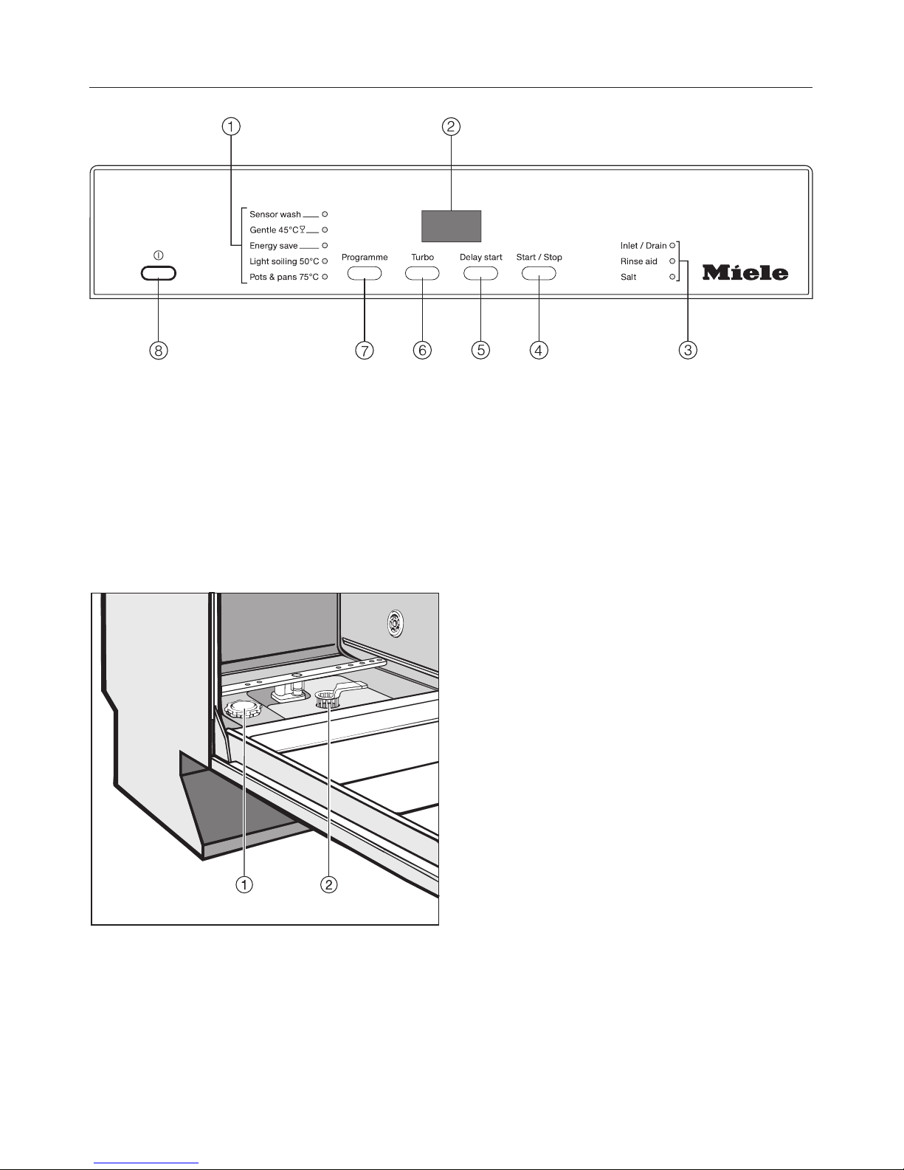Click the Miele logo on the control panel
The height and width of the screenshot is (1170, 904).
[745, 272]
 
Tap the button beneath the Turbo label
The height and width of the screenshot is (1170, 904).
[422, 273]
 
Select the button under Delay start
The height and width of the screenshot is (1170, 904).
[480, 273]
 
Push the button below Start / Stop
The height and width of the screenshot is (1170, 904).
[539, 273]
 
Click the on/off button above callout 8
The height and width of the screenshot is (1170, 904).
[159, 273]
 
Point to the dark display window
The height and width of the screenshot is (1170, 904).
[451, 226]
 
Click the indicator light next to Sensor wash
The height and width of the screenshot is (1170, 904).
[325, 214]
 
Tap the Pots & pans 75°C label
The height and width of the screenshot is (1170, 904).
[284, 277]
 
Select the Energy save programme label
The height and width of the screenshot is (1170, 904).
[274, 246]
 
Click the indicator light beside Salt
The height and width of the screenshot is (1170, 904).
[672, 277]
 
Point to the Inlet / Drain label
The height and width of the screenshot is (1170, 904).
[644, 246]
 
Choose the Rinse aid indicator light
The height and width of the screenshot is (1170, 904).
[672, 261]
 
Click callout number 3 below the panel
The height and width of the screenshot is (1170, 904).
[687, 350]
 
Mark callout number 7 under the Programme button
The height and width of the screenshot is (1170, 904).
[364, 350]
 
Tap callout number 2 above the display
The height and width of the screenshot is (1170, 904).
[451, 127]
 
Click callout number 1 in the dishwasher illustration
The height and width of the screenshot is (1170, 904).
[244, 884]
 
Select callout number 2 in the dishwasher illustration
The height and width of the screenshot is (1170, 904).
[328, 884]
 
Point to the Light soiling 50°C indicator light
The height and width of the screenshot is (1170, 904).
[325, 261]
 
